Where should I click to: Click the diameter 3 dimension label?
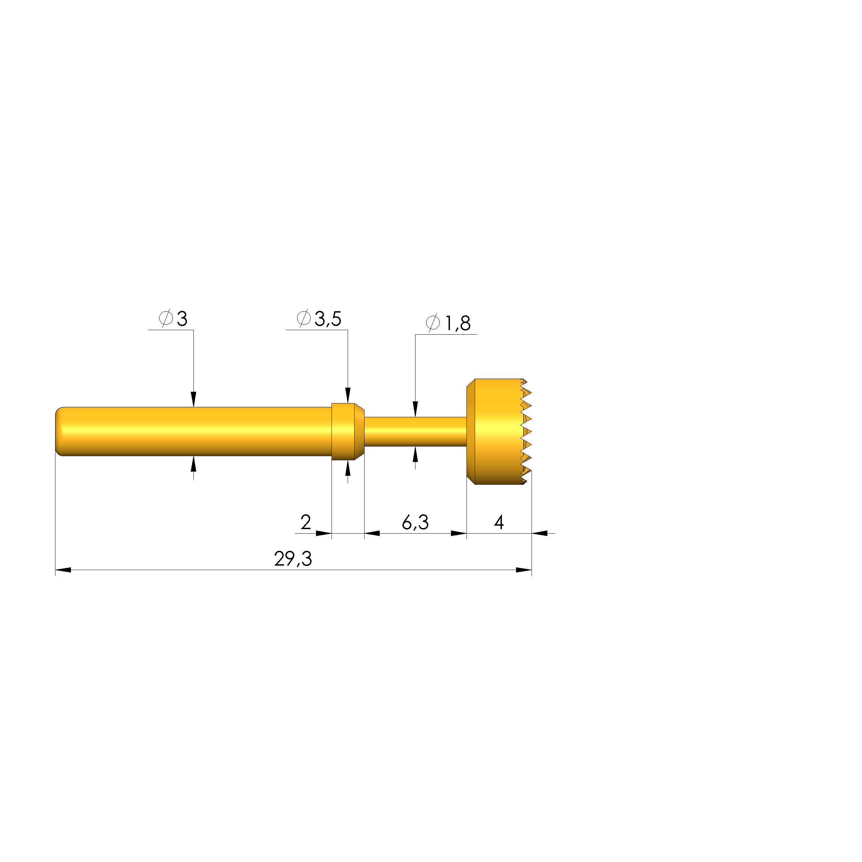[173, 318]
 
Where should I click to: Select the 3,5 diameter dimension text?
[319, 318]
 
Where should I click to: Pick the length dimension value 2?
[306, 522]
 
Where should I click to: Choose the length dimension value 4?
[499, 522]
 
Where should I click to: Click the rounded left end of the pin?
[59, 431]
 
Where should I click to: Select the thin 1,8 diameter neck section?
[416, 431]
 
